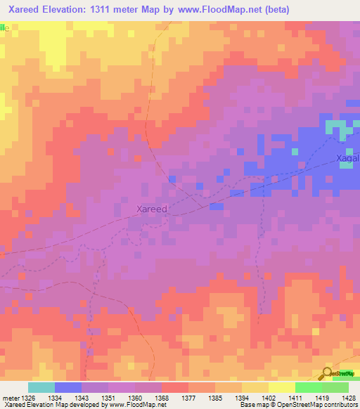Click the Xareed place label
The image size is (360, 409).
pos(151,209)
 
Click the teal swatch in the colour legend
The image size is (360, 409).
pos(41,387)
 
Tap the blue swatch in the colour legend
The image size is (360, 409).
pos(68,387)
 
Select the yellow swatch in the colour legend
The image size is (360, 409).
pos(281,387)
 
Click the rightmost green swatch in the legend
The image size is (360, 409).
pos(335,387)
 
